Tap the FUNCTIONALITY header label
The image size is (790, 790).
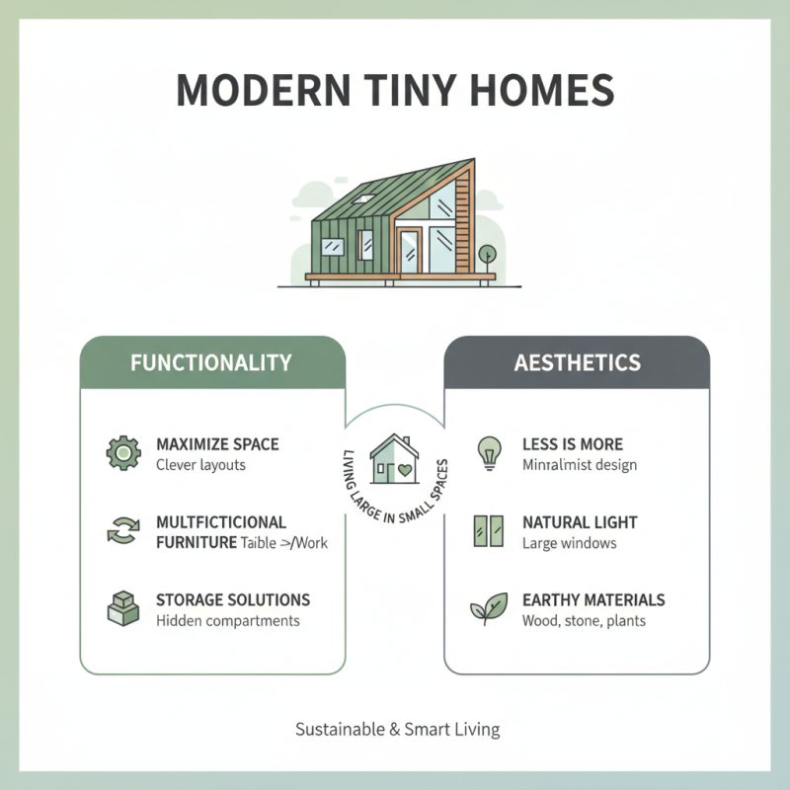tap(211, 362)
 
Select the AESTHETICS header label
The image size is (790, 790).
tap(577, 362)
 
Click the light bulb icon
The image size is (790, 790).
tap(489, 452)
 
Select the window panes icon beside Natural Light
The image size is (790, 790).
tap(489, 531)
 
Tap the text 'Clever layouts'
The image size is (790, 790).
tap(201, 465)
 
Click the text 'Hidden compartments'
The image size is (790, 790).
tap(227, 621)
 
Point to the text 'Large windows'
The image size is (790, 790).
tap(569, 543)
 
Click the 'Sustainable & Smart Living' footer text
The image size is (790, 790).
tap(397, 730)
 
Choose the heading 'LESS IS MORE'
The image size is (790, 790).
tap(573, 444)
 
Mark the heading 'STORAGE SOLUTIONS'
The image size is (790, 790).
tap(233, 600)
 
